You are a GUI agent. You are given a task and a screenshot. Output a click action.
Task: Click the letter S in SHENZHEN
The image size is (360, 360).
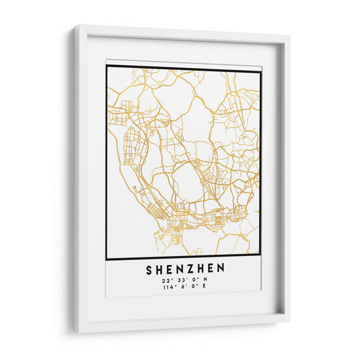149,269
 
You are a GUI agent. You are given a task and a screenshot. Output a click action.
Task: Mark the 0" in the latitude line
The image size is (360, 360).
193,280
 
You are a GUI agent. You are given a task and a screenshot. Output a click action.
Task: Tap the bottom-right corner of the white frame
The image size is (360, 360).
289,321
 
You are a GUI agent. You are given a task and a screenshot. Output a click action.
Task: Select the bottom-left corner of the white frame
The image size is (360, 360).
76,332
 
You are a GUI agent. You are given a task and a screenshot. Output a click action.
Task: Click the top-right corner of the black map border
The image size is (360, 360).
261,72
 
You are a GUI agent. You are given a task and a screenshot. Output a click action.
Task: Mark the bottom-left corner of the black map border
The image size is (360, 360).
107,259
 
